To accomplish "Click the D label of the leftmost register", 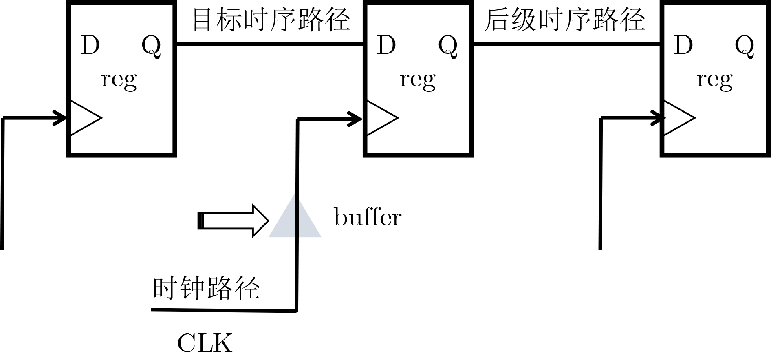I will coord(90,45).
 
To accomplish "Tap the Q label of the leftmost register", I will coord(151,46).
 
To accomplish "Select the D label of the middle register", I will coord(386,45).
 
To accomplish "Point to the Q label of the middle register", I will coord(448,46).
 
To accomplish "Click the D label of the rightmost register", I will coord(683,45).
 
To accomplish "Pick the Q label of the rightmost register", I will coord(745,46).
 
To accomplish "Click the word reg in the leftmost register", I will coord(119,80).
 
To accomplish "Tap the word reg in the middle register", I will coord(417,80).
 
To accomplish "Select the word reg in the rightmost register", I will coord(714,80).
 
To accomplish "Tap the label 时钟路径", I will coord(206,288).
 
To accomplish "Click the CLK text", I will coord(205,343).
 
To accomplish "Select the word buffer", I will coord(368,217).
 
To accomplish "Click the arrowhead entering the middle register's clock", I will coord(355,119).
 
